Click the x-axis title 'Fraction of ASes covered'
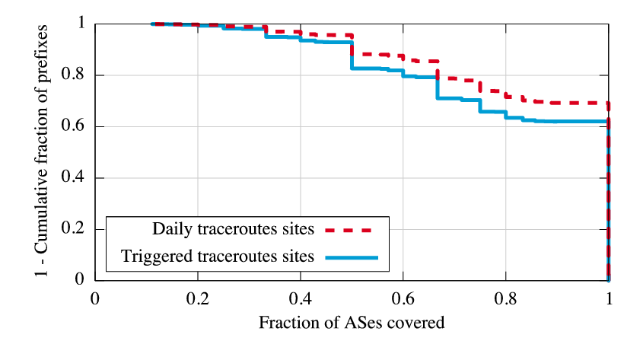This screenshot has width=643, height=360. (x=352, y=323)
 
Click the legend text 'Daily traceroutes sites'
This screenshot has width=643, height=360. (x=234, y=229)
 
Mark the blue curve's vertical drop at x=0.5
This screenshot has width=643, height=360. (x=352, y=56)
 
